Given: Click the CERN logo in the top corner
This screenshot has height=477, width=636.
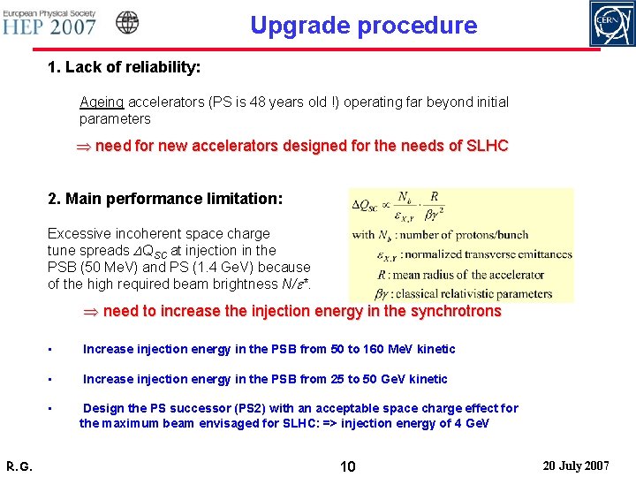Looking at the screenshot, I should click(x=612, y=23).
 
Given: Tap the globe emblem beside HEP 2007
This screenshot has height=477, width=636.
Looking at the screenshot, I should click(x=127, y=22).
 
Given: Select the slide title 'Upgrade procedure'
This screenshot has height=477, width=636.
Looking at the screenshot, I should click(x=363, y=25).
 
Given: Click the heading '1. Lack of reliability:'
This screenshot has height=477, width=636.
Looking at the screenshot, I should click(x=124, y=67).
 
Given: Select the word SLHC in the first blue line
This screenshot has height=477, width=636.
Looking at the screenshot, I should click(x=488, y=146).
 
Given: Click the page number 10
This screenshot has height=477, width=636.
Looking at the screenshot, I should click(x=348, y=466).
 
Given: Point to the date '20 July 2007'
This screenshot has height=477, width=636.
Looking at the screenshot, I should click(x=576, y=465).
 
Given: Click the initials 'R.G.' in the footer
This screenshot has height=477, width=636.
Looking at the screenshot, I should click(x=19, y=466).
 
